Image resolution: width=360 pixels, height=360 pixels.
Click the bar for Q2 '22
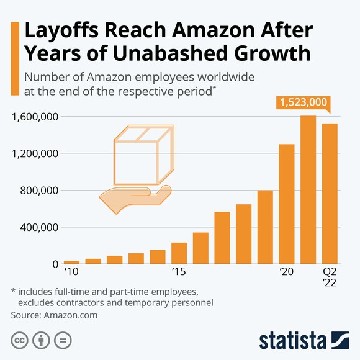[x=330, y=194]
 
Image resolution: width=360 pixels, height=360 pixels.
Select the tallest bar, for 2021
[x=308, y=190]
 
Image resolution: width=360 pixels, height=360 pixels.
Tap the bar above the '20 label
[x=287, y=204]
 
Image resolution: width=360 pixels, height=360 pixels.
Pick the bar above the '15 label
[x=179, y=253]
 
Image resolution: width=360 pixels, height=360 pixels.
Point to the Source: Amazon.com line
[x=54, y=315]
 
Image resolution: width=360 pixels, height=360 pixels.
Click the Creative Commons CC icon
[x=19, y=340]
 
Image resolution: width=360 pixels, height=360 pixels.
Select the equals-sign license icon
[x=61, y=340]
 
